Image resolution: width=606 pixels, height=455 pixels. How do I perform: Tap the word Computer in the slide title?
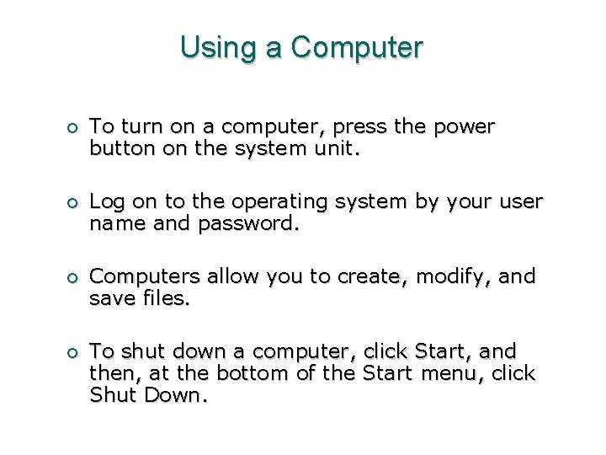pos(357,47)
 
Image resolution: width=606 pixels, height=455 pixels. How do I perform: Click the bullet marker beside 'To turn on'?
pos(74,128)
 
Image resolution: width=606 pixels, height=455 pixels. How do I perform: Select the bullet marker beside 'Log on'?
pos(74,203)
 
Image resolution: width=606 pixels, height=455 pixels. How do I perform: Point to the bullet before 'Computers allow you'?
pos(74,278)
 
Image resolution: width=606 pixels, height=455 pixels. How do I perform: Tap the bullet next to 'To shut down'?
pos(74,352)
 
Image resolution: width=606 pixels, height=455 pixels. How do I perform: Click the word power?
pos(465,128)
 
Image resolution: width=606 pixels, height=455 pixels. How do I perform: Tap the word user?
pos(523,203)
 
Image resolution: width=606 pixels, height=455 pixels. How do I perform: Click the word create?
pos(366,277)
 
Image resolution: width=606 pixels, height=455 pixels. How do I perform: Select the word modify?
pos(447,278)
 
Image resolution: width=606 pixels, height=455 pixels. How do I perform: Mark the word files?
pos(167,300)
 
